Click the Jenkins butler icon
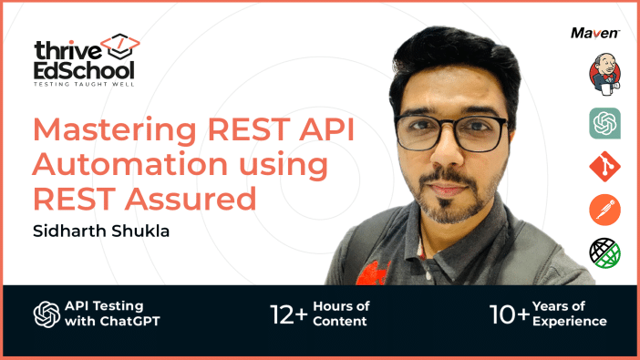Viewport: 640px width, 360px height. tap(604, 75)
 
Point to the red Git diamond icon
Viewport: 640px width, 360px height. tap(604, 165)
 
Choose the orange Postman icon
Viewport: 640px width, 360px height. tap(604, 210)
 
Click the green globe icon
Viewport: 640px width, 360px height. tap(604, 252)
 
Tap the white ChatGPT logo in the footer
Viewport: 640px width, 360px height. tap(46, 314)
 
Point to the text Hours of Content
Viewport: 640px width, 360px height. tap(341, 314)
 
